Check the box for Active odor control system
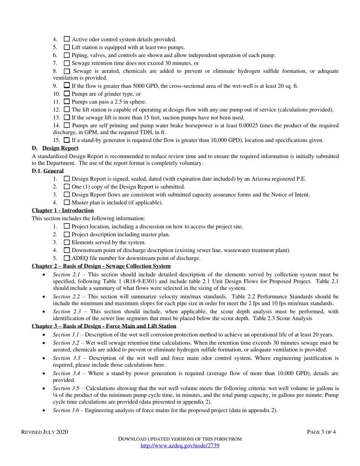point(67,39)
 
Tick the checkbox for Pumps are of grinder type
point(67,94)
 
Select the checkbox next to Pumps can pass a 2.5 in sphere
point(67,102)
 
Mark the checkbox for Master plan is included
point(67,202)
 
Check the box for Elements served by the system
point(67,242)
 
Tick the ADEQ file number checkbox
point(67,258)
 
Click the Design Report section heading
point(60,148)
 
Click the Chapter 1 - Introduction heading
point(63,210)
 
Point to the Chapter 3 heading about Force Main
point(104,326)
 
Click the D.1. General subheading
point(48,171)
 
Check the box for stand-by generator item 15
point(67,140)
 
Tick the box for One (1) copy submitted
point(67,186)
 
